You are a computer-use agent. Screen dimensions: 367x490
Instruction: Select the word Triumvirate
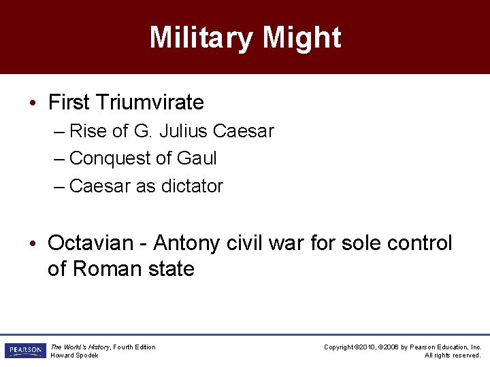click(150, 103)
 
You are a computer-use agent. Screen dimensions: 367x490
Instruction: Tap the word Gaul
click(197, 158)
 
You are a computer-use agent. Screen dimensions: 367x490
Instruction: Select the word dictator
click(192, 186)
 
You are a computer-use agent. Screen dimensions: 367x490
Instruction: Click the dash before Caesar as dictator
click(59, 186)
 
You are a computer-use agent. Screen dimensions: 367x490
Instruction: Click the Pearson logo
click(24, 351)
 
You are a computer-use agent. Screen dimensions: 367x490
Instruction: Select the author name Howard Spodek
click(75, 355)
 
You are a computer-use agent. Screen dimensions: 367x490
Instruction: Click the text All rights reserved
click(453, 355)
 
